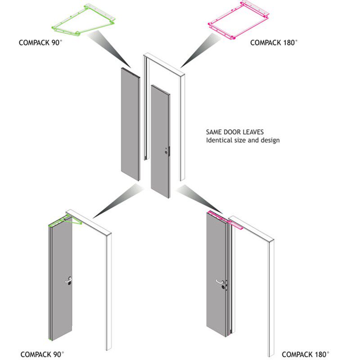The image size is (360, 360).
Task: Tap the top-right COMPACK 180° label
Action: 274,43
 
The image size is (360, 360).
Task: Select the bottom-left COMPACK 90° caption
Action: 42,354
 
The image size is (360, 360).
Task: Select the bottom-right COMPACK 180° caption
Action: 305,354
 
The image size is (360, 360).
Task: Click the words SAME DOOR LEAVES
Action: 234,132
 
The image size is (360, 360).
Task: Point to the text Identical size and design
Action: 243,140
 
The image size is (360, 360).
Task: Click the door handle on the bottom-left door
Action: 68,280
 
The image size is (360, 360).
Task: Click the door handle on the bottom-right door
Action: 220,282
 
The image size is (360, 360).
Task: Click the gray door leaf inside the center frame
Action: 159,139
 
